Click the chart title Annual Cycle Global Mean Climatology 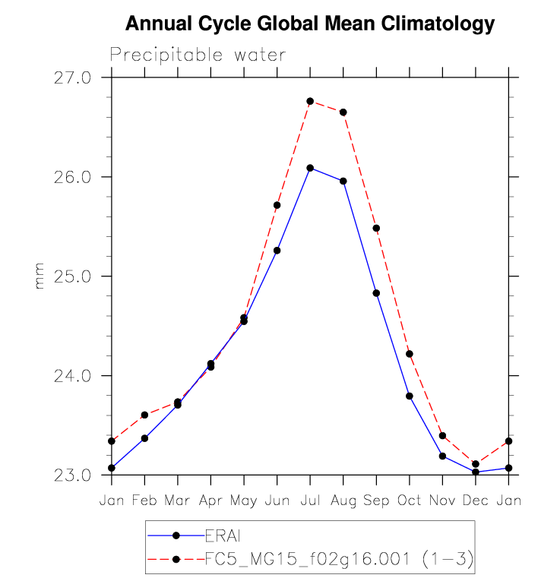[x=309, y=24]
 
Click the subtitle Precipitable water [x=198, y=55]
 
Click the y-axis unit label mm [x=40, y=276]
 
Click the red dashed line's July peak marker [x=310, y=101]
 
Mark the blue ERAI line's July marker [x=310, y=168]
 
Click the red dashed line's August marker [x=343, y=112]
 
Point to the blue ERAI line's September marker [x=376, y=293]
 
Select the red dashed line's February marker [x=144, y=415]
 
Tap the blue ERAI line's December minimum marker [x=476, y=472]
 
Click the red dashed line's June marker [x=277, y=205]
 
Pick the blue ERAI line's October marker [x=410, y=396]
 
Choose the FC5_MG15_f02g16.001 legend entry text [x=340, y=560]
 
